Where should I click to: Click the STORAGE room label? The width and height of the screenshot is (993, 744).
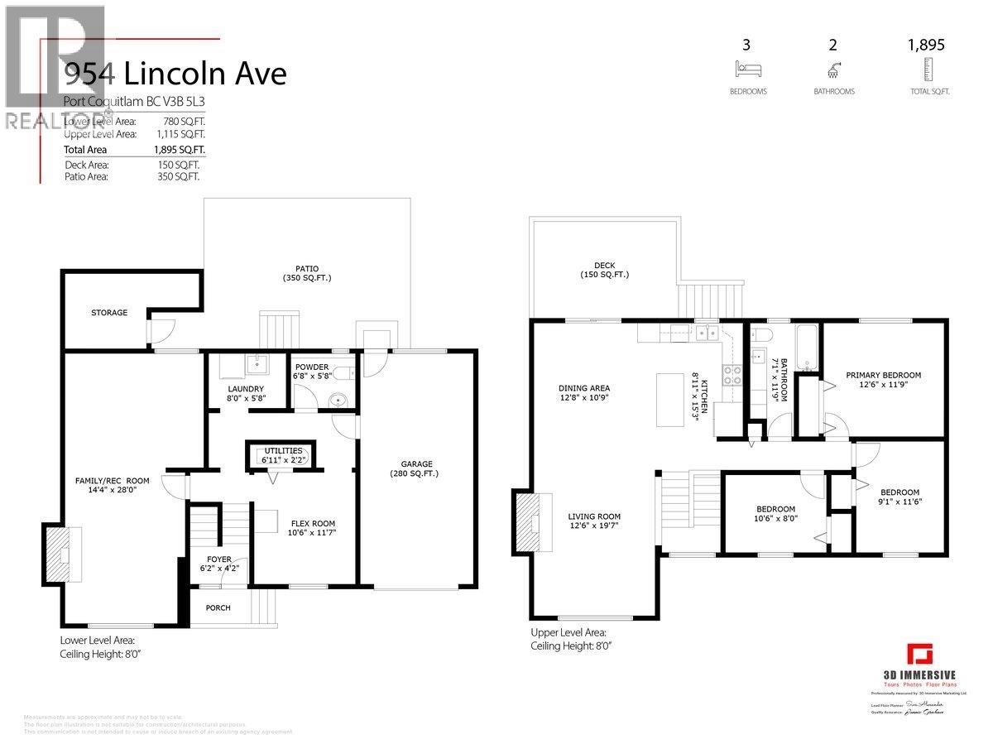109,313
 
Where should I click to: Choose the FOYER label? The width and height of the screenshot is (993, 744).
219,559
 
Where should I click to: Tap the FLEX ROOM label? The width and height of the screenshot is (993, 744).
313,523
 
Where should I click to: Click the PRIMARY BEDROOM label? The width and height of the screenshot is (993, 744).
883,375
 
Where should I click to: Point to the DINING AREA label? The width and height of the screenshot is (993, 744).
583,388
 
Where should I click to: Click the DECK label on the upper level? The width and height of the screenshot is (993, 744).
604,265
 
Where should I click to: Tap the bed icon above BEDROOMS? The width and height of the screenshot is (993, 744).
746,69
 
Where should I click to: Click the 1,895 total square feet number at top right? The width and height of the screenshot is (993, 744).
927,46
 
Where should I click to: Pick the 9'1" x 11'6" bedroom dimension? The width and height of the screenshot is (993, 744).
899,501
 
